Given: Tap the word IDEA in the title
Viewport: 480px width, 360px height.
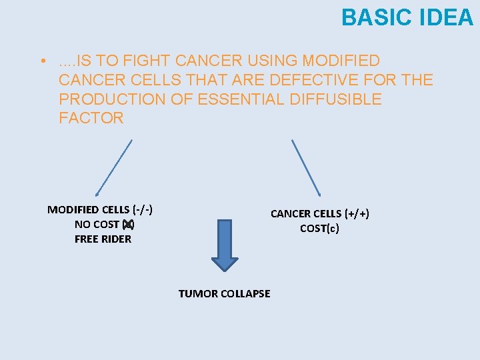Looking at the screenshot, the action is (446, 17).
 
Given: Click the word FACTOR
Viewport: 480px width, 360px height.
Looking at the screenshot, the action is (91, 119).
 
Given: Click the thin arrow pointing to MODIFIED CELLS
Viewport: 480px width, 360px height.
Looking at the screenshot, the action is (114, 167).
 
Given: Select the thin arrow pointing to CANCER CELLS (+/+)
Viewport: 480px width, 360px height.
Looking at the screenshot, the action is (306, 167).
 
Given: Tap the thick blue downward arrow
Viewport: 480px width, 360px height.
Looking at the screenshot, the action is (225, 243).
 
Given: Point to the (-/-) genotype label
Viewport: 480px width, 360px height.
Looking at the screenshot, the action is (143, 209).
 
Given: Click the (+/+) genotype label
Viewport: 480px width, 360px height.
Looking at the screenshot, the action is (357, 213).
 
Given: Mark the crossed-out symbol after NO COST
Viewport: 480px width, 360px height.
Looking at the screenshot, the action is (128, 224).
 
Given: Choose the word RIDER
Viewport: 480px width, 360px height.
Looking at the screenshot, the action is (116, 239).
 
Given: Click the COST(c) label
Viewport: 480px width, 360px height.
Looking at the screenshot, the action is (319, 228).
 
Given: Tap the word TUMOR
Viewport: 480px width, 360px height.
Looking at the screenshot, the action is (195, 293).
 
